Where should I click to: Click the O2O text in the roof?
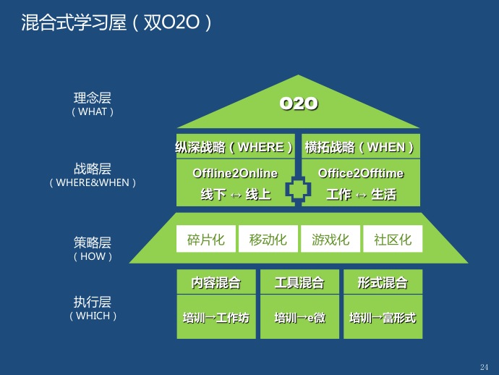click(x=299, y=104)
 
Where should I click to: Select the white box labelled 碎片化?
click(x=205, y=240)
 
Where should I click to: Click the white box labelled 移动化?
click(x=268, y=240)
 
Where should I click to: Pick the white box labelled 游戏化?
click(x=330, y=240)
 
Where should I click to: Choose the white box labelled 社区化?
click(x=393, y=240)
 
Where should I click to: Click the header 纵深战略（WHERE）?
click(x=235, y=148)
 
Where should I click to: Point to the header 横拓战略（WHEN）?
click(x=359, y=148)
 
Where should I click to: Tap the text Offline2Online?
click(x=235, y=174)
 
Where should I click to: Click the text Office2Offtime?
click(x=361, y=174)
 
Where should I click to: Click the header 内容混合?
click(x=216, y=283)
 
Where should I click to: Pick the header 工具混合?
click(x=299, y=283)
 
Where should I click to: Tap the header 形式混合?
click(x=383, y=283)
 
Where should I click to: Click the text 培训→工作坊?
click(x=216, y=318)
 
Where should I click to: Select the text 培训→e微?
click(x=299, y=318)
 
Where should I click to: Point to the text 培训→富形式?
click(x=383, y=318)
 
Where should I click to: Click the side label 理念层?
click(x=93, y=98)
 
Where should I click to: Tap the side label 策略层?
click(x=93, y=243)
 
